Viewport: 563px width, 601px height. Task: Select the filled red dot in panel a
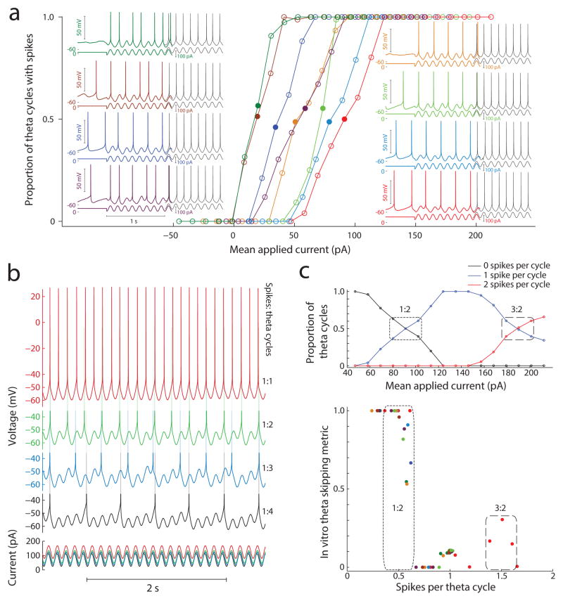pos(345,119)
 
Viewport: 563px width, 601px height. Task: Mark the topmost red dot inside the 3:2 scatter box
pos(502,519)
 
